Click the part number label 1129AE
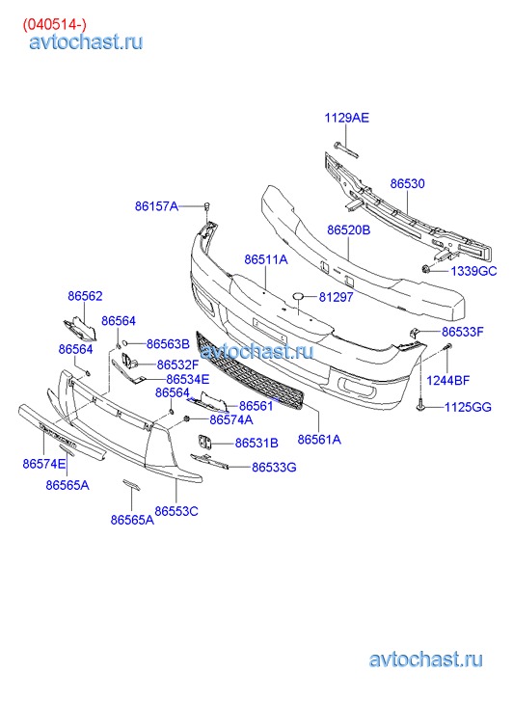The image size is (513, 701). click(346, 118)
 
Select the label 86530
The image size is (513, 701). click(408, 184)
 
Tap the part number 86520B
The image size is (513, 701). click(349, 230)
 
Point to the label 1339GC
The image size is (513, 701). click(473, 271)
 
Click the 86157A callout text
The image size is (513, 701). click(156, 206)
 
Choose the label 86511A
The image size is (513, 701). click(266, 259)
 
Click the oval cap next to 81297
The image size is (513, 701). click(298, 295)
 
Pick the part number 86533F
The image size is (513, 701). click(463, 332)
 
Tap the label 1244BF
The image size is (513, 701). click(447, 381)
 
